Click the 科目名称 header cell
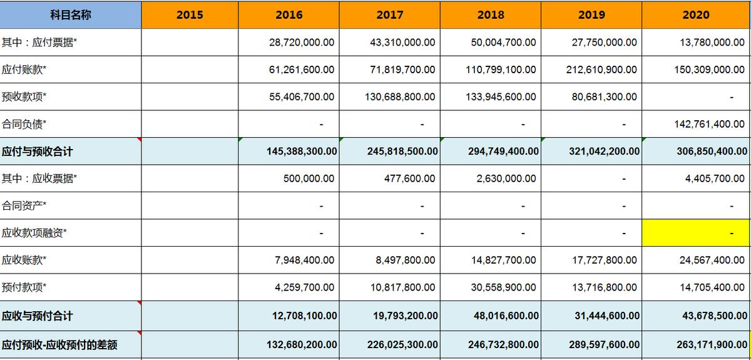coord(70,14)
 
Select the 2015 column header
coord(190,14)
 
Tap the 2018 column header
coord(491,14)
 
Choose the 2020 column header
coord(696,14)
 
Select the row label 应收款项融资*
coord(34,233)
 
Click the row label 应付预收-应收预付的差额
coord(59,344)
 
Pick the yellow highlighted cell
coord(696,233)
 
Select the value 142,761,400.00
coord(709,124)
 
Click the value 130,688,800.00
coord(400,97)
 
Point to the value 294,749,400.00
coord(503,151)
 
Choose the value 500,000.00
coord(309,178)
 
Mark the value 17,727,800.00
coord(604,260)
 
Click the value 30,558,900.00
coord(503,287)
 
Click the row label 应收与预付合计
coord(37,316)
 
